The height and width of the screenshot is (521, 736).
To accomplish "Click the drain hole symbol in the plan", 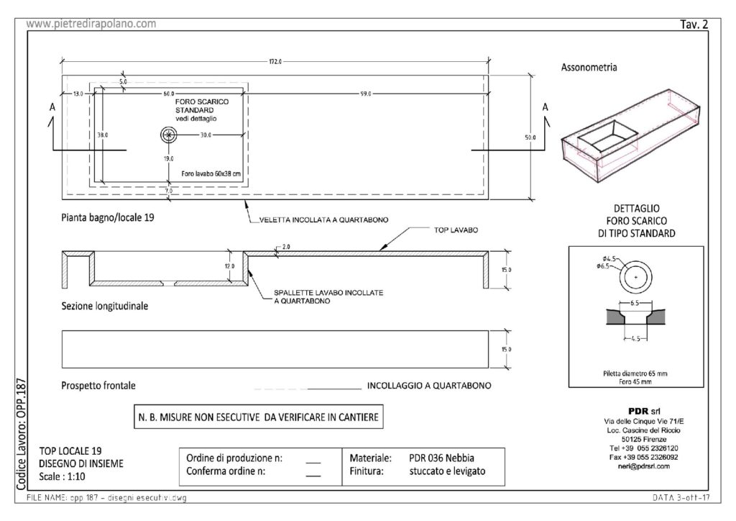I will tap(168, 134).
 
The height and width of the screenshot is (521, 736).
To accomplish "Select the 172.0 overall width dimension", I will tap(275, 62).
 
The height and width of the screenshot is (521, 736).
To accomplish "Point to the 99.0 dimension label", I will tap(366, 94).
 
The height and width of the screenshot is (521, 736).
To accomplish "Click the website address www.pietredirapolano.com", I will tap(91, 24).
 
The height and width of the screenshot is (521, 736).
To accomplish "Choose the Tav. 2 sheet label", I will tap(694, 24).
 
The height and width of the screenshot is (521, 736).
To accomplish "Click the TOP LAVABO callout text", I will tap(455, 230).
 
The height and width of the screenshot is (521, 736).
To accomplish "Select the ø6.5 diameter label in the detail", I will tap(602, 267).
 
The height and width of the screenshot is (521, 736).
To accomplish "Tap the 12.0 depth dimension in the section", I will tap(229, 266).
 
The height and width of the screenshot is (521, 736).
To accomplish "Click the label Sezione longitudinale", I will tap(105, 306).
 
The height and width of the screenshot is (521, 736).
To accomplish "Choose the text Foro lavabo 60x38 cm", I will tap(206, 174).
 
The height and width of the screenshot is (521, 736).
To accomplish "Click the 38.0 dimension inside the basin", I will tap(103, 135).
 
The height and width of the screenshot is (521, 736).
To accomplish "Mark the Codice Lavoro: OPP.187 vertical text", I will tap(21, 434).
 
